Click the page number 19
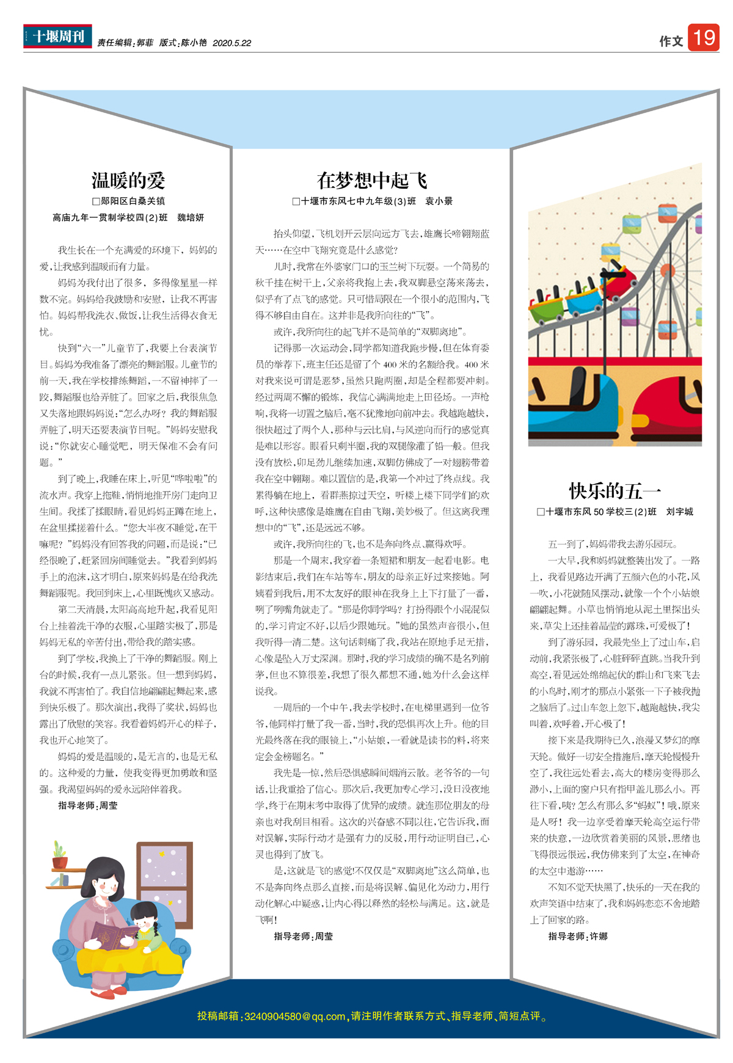704,38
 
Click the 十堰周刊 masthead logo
58,36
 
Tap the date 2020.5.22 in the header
232,43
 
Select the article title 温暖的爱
128,181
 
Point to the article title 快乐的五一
614,491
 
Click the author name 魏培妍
191,218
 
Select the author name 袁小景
439,201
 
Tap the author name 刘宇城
679,512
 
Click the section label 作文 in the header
671,42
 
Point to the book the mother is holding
114,934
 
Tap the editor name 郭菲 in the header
145,43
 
